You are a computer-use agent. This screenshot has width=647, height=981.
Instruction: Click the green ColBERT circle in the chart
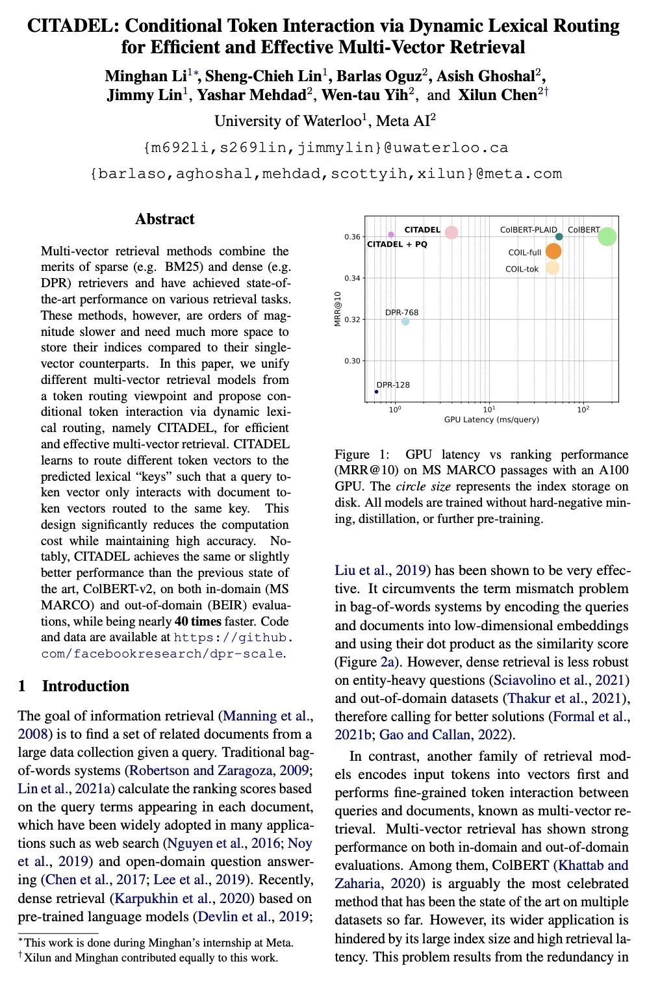click(x=607, y=236)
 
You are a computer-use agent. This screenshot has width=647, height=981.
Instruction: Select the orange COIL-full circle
click(x=553, y=251)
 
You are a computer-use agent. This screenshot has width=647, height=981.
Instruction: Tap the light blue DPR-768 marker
click(x=405, y=322)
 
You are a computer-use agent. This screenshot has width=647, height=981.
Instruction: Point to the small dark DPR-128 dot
click(x=377, y=392)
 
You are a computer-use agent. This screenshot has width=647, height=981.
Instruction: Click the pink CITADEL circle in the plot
click(x=451, y=233)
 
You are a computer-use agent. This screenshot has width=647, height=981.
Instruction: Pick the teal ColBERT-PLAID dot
click(x=559, y=236)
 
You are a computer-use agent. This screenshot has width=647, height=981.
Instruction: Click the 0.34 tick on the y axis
click(x=352, y=278)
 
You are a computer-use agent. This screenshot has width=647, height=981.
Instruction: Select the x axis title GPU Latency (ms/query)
click(x=491, y=420)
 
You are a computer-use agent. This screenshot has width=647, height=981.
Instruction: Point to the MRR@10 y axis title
click(x=338, y=309)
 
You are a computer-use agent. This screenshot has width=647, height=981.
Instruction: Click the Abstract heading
click(x=165, y=219)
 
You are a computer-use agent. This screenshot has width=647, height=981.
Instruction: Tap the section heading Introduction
click(x=85, y=686)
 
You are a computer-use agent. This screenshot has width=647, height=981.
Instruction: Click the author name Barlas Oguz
click(x=379, y=76)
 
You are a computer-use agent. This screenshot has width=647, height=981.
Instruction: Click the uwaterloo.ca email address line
click(x=325, y=148)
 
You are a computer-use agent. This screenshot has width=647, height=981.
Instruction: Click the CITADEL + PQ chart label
click(x=398, y=244)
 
